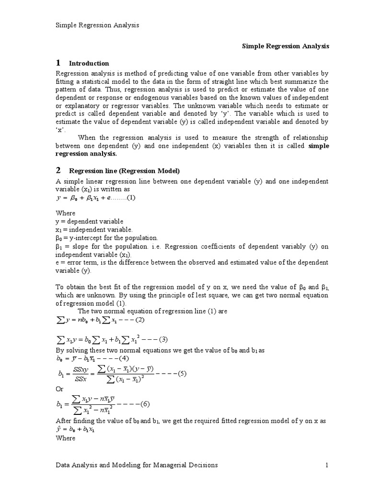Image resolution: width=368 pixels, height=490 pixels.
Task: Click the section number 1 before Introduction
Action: pyautogui.click(x=58, y=63)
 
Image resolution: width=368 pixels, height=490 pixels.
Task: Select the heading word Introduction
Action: pyautogui.click(x=89, y=63)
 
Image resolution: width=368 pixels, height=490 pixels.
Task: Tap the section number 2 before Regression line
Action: pyautogui.click(x=58, y=170)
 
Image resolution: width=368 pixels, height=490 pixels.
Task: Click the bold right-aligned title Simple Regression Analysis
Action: pyautogui.click(x=286, y=46)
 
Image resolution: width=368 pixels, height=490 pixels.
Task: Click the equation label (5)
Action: pyautogui.click(x=182, y=374)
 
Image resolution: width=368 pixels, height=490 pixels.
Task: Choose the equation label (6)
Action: pyautogui.click(x=145, y=403)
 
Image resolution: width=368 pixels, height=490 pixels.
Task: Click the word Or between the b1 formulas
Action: pyautogui.click(x=60, y=389)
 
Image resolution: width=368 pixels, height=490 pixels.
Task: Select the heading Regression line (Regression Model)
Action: pyautogui.click(x=125, y=171)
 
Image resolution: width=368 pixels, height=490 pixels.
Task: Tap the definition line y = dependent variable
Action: pyautogui.click(x=90, y=222)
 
